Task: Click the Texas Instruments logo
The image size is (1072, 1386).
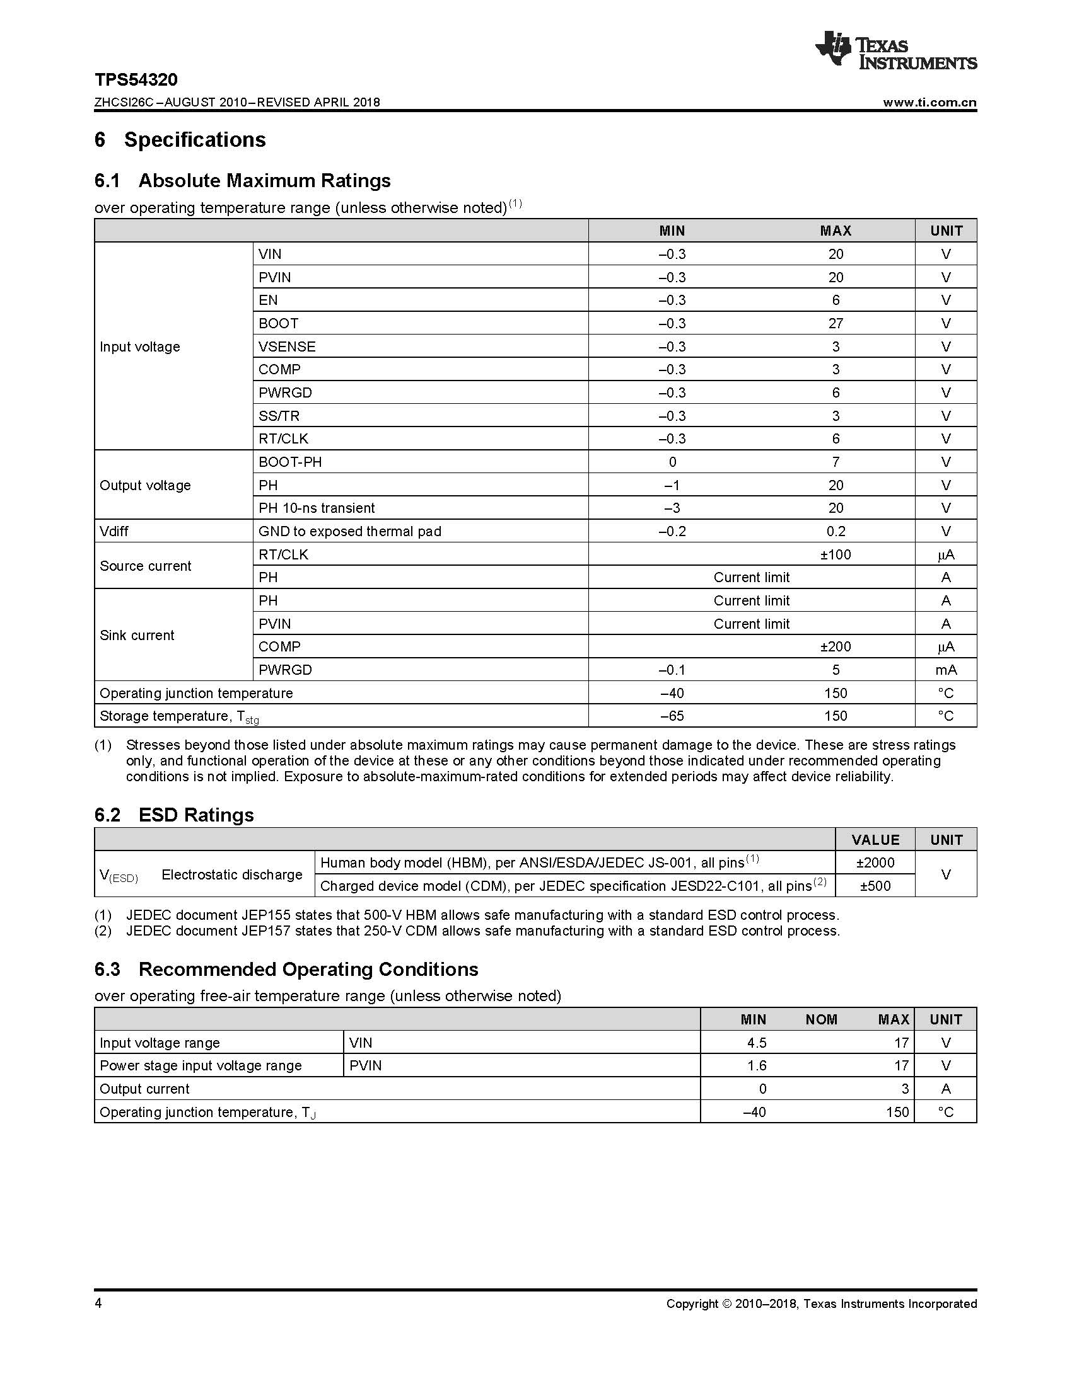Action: click(895, 51)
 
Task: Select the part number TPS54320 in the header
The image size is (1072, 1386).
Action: click(136, 80)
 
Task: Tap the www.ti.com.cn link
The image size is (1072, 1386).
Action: click(929, 103)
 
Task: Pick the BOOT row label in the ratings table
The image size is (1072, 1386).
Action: click(278, 324)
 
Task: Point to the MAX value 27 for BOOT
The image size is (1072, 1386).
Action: click(835, 324)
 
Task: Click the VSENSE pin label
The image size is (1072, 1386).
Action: click(287, 346)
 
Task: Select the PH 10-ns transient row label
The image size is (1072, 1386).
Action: click(317, 508)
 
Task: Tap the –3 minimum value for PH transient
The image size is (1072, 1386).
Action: click(672, 508)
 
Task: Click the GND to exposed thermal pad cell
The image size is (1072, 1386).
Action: click(349, 531)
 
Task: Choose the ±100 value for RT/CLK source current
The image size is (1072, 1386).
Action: click(835, 554)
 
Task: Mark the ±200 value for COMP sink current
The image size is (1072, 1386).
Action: click(835, 646)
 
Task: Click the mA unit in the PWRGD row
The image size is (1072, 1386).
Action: click(946, 670)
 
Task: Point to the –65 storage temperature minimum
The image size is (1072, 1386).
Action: click(672, 716)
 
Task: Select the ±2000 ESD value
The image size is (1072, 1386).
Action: click(875, 863)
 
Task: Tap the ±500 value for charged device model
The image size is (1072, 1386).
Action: click(875, 886)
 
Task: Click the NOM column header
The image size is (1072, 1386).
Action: click(821, 1020)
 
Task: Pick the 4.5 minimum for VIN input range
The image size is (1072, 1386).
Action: click(756, 1043)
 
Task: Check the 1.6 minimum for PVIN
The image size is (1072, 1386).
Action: click(756, 1065)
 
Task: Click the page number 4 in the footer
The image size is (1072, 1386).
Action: click(98, 1303)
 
